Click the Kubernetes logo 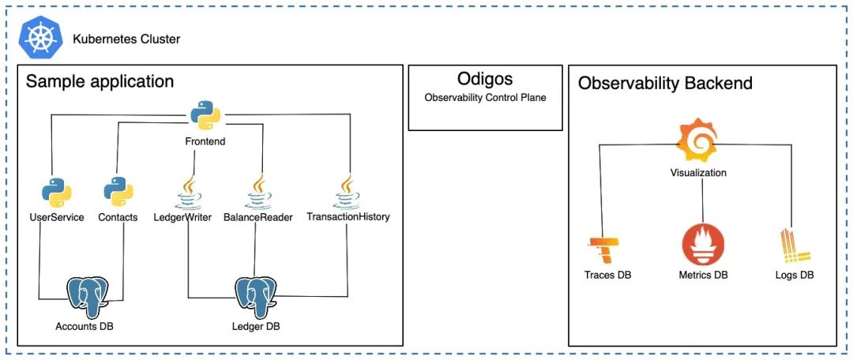tap(41, 39)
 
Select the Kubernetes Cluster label tap(126, 39)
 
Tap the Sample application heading tap(100, 81)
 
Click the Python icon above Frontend tap(205, 115)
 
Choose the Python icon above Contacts tap(118, 191)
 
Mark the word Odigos tap(485, 79)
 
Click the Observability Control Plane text tap(485, 98)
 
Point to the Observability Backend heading tap(665, 83)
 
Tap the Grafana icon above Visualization tap(697, 140)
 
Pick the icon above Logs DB tap(795, 246)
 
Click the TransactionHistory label tap(348, 216)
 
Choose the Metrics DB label tap(704, 276)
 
